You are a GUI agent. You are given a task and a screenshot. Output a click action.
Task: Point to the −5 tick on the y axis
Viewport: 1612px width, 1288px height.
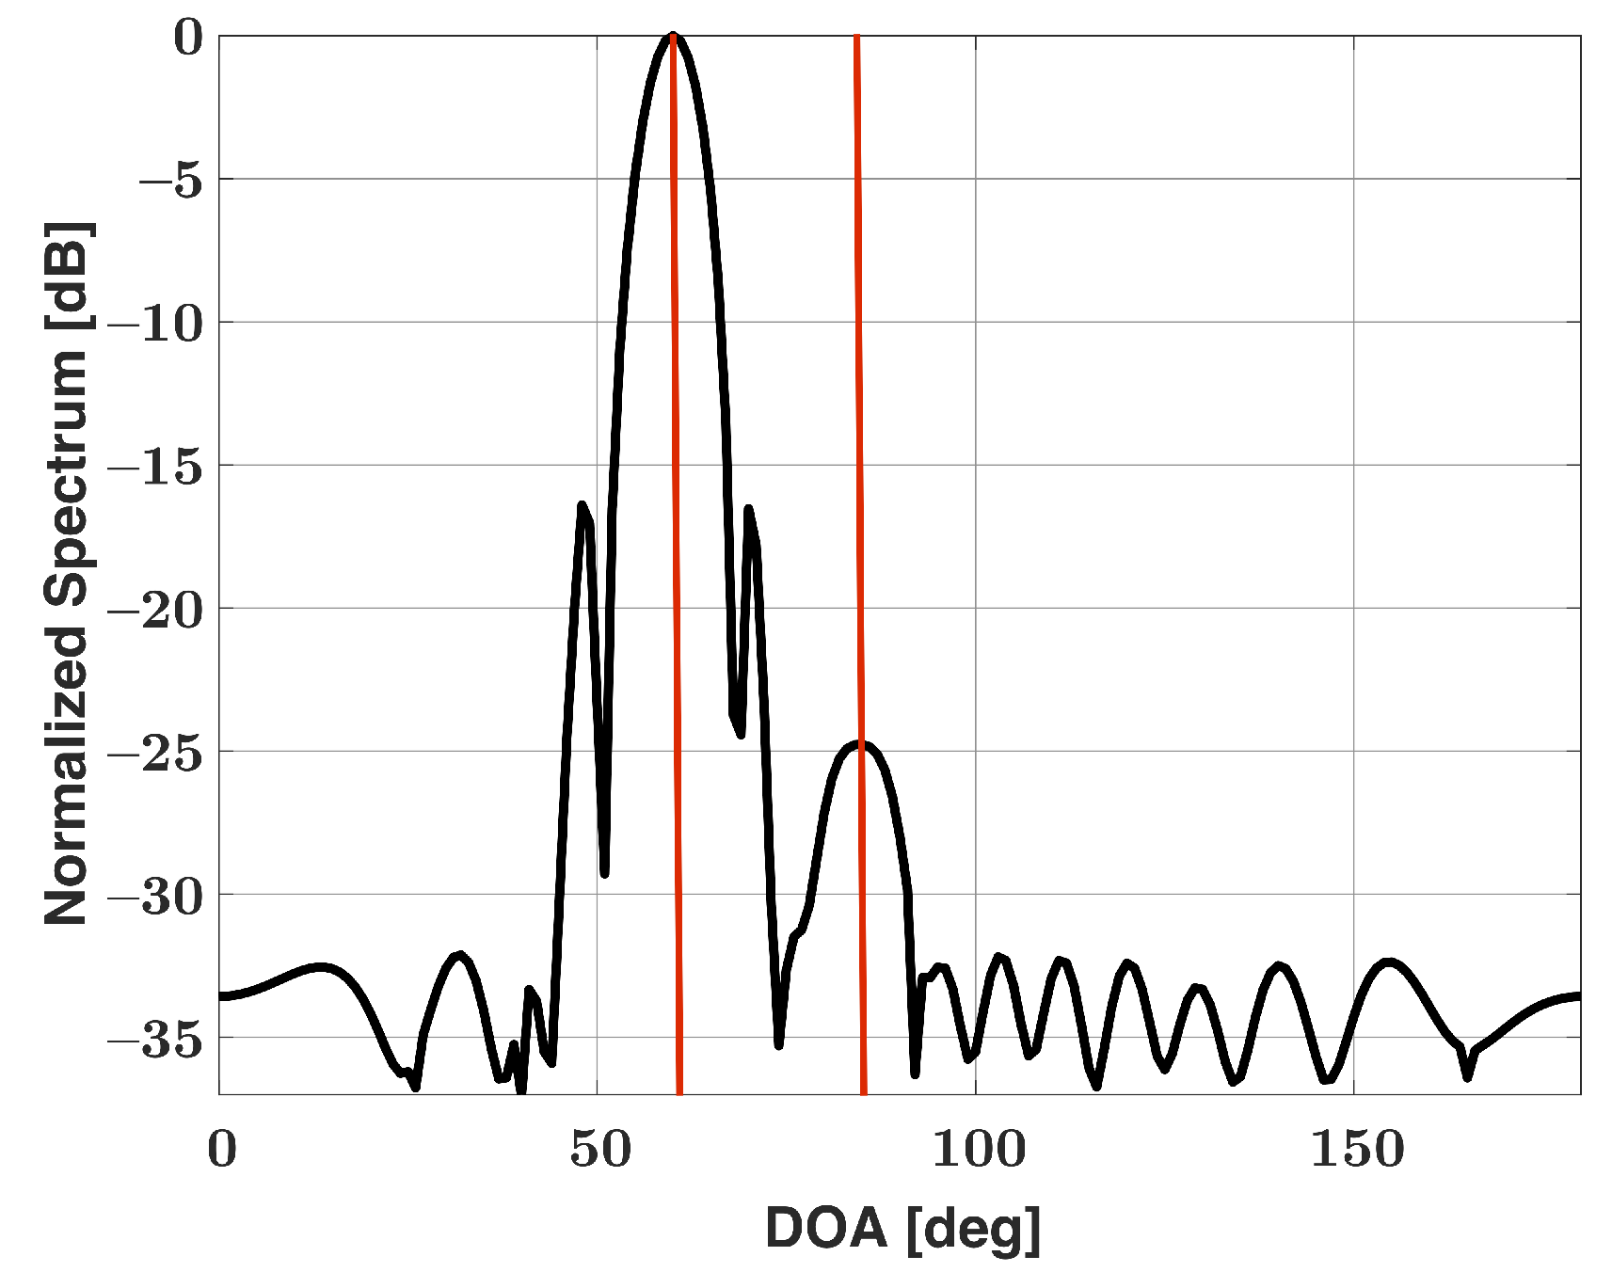pyautogui.click(x=170, y=180)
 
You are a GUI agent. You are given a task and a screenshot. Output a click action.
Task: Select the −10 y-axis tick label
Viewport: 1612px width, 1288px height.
pyautogui.click(x=155, y=324)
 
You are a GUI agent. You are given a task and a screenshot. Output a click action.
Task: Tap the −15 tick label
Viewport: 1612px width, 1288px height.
pyautogui.click(x=155, y=467)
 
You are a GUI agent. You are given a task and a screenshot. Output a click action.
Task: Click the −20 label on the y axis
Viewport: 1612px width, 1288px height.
pyautogui.click(x=155, y=611)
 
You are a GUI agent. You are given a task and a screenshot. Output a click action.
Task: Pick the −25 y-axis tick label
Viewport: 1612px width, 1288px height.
pyautogui.click(x=155, y=754)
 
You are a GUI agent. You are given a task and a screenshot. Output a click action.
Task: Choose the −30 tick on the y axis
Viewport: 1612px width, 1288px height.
pyautogui.click(x=155, y=898)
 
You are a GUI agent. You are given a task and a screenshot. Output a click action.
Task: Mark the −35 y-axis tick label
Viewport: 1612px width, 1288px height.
pyautogui.click(x=155, y=1041)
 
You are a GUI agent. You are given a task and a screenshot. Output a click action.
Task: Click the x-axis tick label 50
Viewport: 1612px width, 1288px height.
pyautogui.click(x=599, y=1150)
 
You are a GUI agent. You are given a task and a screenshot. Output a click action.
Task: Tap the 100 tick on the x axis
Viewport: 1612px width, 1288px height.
pyautogui.click(x=977, y=1150)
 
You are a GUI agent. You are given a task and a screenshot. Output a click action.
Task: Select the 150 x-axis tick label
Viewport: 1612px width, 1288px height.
pyautogui.click(x=1355, y=1150)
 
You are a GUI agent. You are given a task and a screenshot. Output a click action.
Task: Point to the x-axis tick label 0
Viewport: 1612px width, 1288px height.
pyautogui.click(x=222, y=1150)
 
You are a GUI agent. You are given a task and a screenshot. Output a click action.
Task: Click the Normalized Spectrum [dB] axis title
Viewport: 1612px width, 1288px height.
pyautogui.click(x=68, y=574)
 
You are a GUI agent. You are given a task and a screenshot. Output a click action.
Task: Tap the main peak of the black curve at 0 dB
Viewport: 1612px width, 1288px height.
pyautogui.click(x=673, y=37)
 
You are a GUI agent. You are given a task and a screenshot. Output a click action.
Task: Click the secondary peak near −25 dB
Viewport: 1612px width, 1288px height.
pyautogui.click(x=861, y=745)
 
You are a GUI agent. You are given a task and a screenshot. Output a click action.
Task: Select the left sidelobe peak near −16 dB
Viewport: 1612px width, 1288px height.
pyautogui.click(x=583, y=506)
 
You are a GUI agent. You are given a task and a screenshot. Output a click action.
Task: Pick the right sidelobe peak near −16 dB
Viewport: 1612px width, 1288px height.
pyautogui.click(x=749, y=509)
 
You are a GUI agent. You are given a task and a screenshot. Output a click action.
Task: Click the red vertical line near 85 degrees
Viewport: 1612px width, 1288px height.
pyautogui.click(x=859, y=470)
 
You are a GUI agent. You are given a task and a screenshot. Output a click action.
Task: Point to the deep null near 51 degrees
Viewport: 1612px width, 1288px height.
pyautogui.click(x=604, y=873)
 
